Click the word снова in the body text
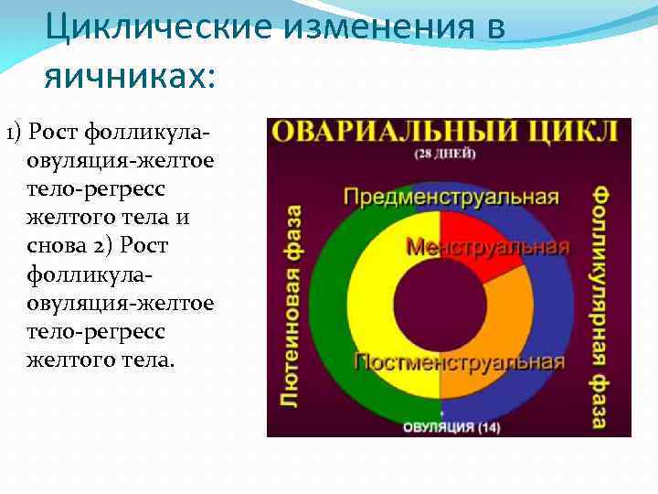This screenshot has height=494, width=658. [x=61, y=248]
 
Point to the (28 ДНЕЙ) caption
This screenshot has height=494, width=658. [x=444, y=154]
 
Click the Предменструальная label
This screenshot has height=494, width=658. [x=451, y=198]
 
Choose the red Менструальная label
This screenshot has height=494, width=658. [x=487, y=248]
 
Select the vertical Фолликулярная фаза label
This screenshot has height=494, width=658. [x=600, y=306]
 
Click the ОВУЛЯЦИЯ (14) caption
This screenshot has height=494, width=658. [x=440, y=425]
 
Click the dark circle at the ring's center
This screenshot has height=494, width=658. [x=440, y=302]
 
